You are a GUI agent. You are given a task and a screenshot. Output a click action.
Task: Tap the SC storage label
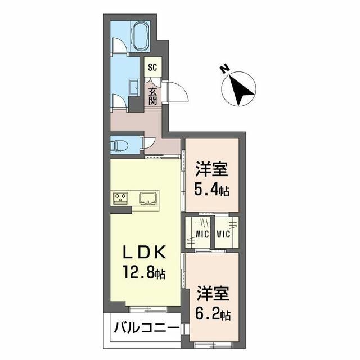[x=152, y=67]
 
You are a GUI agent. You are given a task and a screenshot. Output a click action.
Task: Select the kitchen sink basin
[x=147, y=198]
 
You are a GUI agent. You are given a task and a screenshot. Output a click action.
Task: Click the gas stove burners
[x=121, y=197]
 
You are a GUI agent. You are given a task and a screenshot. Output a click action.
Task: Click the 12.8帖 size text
[x=143, y=273]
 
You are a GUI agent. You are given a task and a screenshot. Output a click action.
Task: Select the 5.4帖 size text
[x=212, y=190]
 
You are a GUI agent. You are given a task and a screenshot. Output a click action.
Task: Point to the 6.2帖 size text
[x=213, y=313]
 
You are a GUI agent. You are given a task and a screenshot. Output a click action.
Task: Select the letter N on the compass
[x=224, y=70]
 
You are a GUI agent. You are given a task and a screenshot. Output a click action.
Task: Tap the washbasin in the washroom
[x=134, y=87]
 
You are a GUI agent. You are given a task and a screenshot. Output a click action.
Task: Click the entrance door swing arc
[x=175, y=91]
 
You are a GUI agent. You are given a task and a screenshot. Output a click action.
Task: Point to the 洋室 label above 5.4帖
[x=211, y=169]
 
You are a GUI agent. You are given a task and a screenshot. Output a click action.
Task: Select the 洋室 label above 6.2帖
[x=212, y=293]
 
